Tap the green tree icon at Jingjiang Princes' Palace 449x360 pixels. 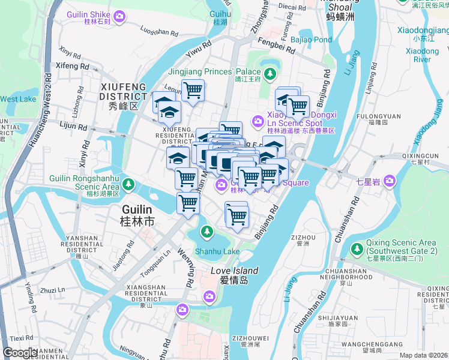270,74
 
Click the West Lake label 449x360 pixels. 17,99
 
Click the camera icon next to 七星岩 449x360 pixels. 390,179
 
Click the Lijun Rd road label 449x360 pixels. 74,127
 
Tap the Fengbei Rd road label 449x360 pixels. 273,43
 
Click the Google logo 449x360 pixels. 20,353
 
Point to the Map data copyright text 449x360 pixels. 423,355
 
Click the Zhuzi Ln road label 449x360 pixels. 53,290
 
